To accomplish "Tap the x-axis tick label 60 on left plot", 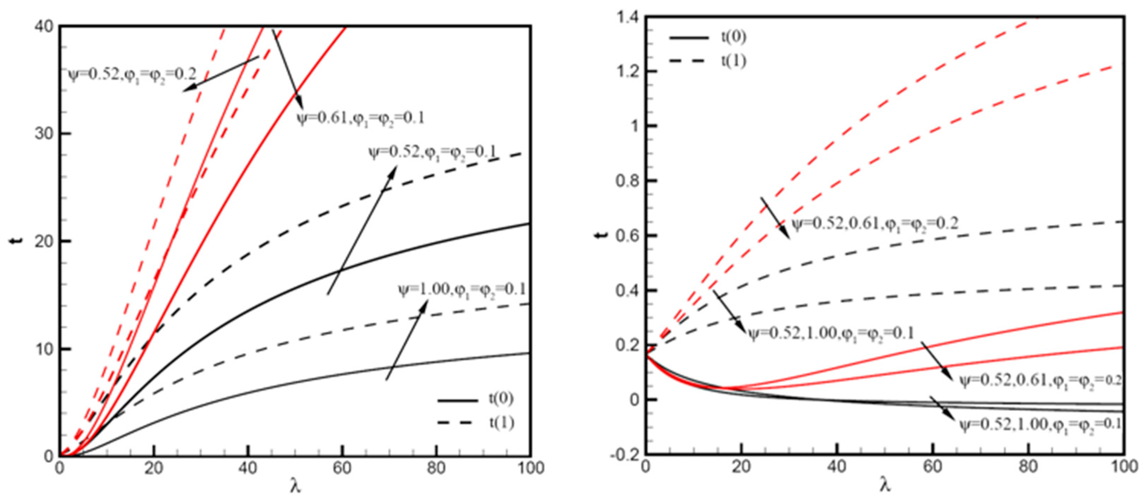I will pos(342,468).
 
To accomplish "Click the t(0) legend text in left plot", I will pos(501,399).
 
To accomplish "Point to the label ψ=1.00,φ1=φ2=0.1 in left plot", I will pos(462,290).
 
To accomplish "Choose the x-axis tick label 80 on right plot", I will pos(1029,467).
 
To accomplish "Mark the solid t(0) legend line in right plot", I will pos(689,37).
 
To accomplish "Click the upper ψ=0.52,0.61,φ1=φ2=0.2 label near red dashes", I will pos(875,223).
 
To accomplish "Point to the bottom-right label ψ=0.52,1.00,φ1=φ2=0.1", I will pos(1040,425).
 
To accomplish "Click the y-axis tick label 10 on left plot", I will pos(43,349).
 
